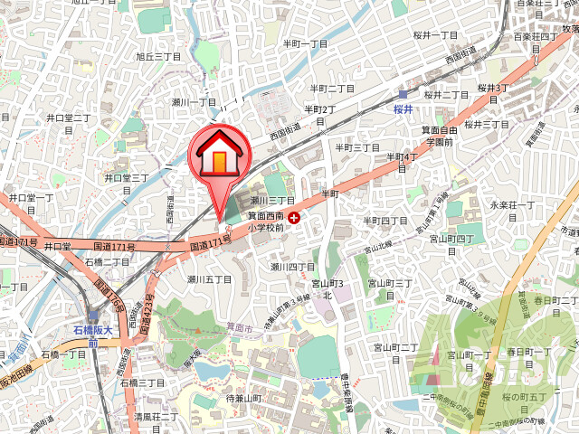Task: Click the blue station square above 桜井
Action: click(403, 94)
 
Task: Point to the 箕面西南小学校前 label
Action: click(267, 222)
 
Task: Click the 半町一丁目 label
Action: click(305, 43)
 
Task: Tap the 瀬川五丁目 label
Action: click(209, 279)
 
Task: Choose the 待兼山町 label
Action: click(244, 398)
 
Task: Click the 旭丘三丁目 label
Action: click(158, 56)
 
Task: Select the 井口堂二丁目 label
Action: click(69, 118)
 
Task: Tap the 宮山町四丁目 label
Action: click(452, 239)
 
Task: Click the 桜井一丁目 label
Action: click(435, 35)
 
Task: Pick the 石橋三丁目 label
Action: click(143, 383)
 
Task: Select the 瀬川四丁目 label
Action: click(292, 268)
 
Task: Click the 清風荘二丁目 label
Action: click(157, 418)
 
